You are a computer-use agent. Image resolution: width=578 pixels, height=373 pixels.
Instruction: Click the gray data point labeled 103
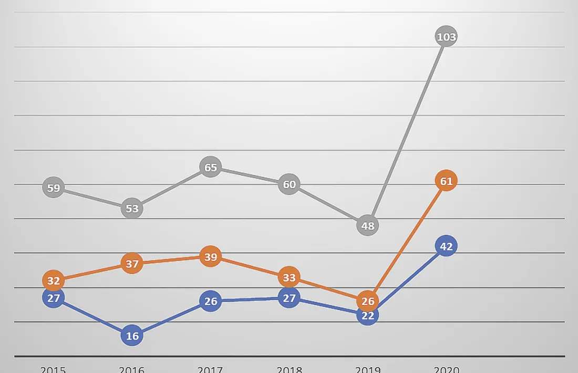(x=446, y=37)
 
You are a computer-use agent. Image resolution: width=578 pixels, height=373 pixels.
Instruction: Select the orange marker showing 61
(x=446, y=181)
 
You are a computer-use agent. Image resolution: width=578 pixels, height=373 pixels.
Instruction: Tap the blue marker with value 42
(x=446, y=246)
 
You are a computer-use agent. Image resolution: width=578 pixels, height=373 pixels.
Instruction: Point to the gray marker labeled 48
(x=367, y=226)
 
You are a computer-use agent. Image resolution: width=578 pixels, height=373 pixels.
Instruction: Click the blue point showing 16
(x=132, y=336)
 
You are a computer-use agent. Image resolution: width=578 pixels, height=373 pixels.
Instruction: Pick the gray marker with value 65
(x=210, y=167)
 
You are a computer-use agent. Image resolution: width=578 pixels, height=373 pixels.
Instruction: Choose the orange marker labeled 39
(x=210, y=257)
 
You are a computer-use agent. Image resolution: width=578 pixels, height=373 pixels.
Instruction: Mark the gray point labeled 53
(x=132, y=209)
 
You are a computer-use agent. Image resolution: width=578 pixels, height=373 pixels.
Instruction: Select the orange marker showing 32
(x=54, y=281)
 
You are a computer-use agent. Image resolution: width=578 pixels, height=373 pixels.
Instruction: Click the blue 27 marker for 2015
(x=54, y=298)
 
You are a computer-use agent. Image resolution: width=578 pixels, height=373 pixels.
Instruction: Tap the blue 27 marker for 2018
(x=289, y=298)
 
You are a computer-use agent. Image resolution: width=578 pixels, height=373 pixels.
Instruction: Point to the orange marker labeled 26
(x=367, y=301)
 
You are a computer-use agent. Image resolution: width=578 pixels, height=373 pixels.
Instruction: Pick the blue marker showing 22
(x=367, y=315)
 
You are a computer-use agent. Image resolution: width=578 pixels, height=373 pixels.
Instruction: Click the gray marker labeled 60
(x=289, y=184)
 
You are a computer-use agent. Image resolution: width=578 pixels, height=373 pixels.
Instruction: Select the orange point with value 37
(x=132, y=263)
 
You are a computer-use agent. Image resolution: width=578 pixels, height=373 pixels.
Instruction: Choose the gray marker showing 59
(x=54, y=188)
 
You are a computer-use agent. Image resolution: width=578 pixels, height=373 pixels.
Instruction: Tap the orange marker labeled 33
(x=289, y=277)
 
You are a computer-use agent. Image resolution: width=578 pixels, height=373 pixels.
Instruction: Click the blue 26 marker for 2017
(x=210, y=301)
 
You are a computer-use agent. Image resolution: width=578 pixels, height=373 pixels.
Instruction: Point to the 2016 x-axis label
(x=132, y=369)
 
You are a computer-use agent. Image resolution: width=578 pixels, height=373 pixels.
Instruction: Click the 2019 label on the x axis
(x=367, y=369)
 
